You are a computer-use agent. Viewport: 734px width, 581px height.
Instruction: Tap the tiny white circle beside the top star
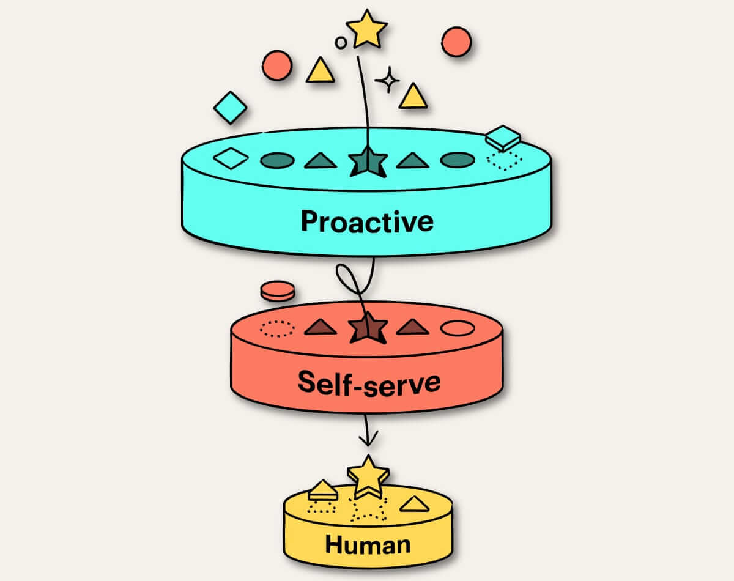(341, 42)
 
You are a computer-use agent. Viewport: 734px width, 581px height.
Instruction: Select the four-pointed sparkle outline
(387, 80)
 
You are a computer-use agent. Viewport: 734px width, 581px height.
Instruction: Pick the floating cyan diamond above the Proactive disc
(230, 108)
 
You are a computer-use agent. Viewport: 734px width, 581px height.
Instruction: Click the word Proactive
(367, 221)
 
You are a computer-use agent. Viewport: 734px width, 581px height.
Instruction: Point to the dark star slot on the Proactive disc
(368, 162)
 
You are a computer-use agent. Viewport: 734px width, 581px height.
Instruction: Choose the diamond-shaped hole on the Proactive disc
(231, 159)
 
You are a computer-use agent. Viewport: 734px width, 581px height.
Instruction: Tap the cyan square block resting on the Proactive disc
(502, 138)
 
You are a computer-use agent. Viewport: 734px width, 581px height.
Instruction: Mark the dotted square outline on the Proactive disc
(504, 160)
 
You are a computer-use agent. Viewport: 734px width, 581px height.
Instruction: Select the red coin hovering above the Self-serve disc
(277, 290)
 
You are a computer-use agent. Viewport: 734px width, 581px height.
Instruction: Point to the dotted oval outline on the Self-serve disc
(276, 328)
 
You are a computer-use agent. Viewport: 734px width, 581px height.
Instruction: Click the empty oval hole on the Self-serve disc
(458, 328)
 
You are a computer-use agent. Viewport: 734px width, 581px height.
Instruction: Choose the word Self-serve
(369, 382)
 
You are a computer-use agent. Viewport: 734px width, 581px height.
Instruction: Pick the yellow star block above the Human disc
(368, 475)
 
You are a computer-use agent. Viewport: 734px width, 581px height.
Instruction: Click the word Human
(368, 544)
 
